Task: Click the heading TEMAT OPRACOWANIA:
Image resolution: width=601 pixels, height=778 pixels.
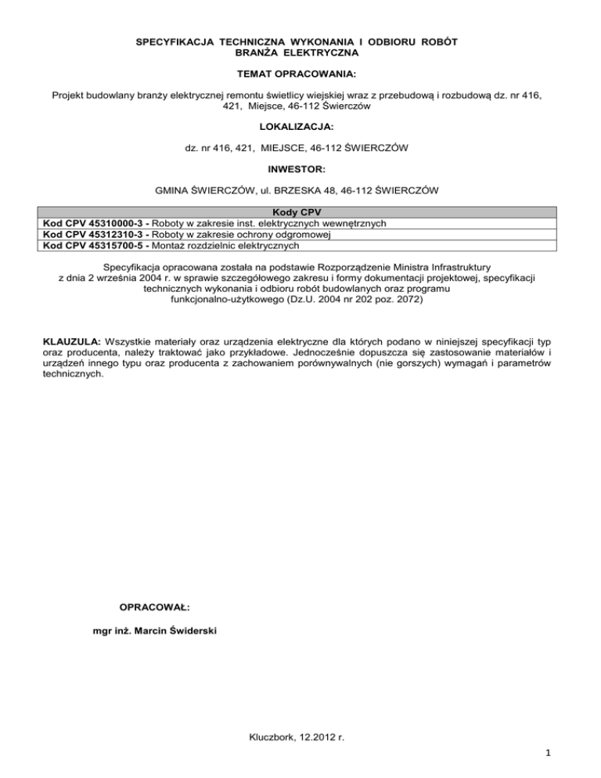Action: coord(300,75)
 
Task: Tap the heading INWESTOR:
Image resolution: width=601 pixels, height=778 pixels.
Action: coord(300,167)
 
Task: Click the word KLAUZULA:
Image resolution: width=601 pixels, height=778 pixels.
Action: coord(70,342)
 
